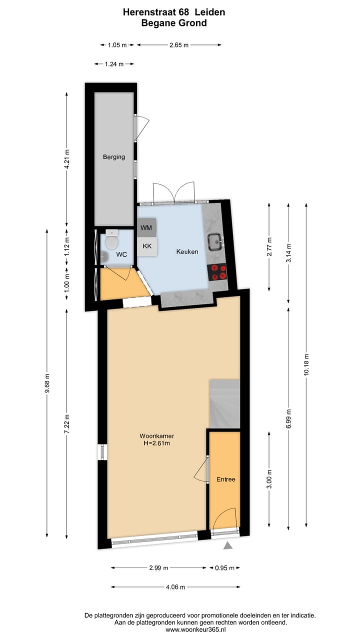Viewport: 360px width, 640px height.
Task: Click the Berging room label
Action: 114,156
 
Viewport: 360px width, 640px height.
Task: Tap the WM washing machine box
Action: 147,228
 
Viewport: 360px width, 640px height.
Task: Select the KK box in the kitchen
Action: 147,246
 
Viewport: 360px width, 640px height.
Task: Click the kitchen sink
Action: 216,241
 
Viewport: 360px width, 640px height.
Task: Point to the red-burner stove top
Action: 217,271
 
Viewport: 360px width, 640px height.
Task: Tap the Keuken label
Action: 187,251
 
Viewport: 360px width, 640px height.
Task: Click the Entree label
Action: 225,479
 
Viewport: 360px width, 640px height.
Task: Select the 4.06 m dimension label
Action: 175,587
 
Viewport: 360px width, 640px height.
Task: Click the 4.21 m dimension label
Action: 67,160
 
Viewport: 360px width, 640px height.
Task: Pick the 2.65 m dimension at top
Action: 178,45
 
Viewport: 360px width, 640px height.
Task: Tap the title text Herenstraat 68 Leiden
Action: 174,12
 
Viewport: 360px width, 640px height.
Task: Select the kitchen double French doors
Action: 173,193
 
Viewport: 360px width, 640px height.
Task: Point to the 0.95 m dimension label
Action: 224,567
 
